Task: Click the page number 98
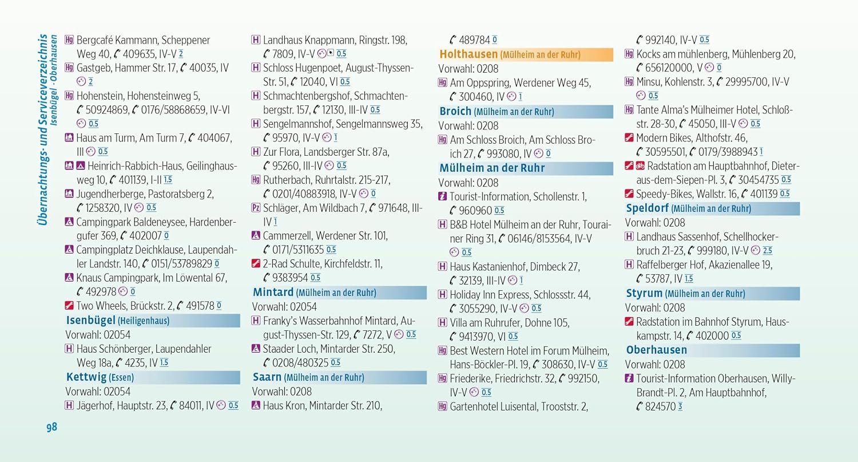click(51, 427)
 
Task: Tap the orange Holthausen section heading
click(510, 54)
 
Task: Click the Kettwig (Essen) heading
click(100, 377)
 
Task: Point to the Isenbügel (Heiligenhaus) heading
click(118, 321)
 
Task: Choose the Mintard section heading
click(315, 293)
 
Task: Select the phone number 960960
click(475, 211)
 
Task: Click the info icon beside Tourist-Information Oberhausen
click(629, 378)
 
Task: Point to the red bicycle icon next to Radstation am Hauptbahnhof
click(640, 165)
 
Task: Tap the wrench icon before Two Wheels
click(69, 306)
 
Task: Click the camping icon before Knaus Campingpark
click(69, 277)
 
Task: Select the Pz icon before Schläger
click(256, 208)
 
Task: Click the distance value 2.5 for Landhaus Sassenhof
click(767, 251)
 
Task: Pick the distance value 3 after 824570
click(680, 406)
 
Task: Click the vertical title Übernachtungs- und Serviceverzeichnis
click(43, 129)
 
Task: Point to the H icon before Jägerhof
click(69, 405)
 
